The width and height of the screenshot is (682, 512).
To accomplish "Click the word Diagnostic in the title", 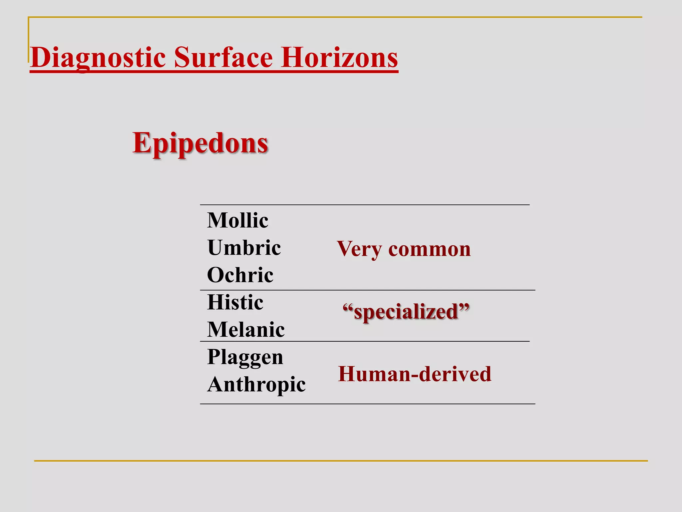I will (98, 58).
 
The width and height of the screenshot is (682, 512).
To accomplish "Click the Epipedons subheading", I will (200, 143).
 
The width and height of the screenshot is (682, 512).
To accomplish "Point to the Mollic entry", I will (237, 220).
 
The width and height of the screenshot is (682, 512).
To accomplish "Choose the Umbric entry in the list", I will (244, 248).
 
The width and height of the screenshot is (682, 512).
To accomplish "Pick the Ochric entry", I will (240, 275).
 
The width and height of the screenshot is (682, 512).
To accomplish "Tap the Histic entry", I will (235, 302).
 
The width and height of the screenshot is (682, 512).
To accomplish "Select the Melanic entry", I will (246, 330).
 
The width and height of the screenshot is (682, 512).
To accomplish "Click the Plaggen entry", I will (245, 357).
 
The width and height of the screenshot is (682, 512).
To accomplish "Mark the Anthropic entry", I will (256, 384).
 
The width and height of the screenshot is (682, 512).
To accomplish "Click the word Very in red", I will (359, 249).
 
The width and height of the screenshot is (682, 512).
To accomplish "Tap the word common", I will (430, 249).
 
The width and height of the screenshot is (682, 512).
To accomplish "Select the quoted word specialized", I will (406, 312).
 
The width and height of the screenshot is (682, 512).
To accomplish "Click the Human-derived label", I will (415, 374).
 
